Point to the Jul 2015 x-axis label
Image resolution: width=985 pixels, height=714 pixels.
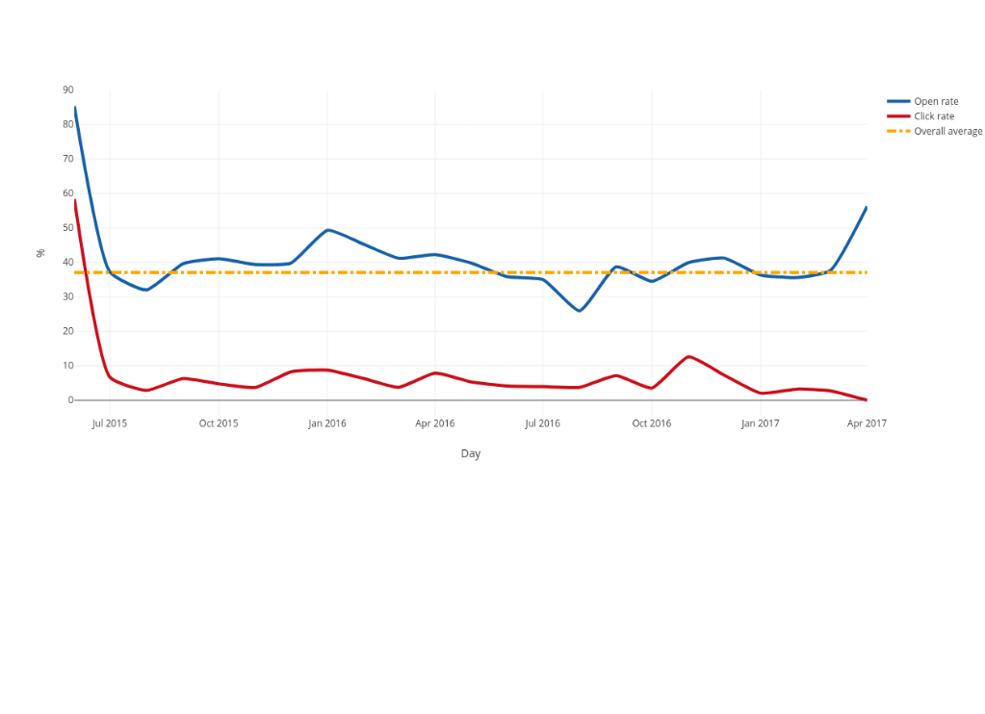pos(110,423)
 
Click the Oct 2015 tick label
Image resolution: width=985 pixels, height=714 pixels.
pos(219,423)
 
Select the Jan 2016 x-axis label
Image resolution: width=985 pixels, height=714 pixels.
pos(327,423)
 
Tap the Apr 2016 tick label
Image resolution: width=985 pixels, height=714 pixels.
pos(435,423)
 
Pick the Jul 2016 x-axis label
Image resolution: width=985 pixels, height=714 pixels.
pos(543,423)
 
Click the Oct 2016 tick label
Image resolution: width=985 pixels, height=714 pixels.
pos(652,423)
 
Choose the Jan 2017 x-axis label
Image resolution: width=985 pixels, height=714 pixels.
pos(761,423)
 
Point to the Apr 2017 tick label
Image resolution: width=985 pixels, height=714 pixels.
pos(867,423)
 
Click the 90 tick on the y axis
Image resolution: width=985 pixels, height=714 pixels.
pos(68,89)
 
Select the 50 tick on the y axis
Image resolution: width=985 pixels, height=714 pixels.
pos(68,228)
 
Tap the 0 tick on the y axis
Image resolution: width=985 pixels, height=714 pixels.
pos(70,400)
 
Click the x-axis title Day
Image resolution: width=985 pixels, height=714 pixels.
pos(471,453)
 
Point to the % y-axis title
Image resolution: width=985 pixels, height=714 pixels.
pos(40,253)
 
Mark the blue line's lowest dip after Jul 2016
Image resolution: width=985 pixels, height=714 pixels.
pos(580,311)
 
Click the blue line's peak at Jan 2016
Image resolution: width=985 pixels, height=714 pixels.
pos(328,230)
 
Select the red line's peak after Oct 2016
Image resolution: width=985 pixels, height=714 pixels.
pos(688,356)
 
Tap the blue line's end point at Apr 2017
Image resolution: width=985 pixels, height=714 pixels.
pos(866,207)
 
